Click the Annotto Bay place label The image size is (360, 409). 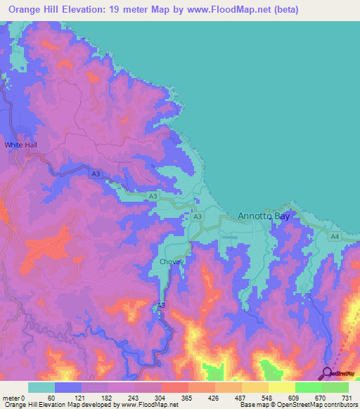[x=264, y=216]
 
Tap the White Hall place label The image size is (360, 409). [x=20, y=145]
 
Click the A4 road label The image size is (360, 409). [x=335, y=238]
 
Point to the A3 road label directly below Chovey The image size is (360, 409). [x=161, y=304]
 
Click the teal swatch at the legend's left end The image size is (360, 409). [x=41, y=387]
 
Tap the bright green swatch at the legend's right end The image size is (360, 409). [x=335, y=387]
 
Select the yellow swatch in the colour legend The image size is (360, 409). [x=282, y=387]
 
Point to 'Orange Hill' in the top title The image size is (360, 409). [x=34, y=10]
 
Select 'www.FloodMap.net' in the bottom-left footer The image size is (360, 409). [x=150, y=405]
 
